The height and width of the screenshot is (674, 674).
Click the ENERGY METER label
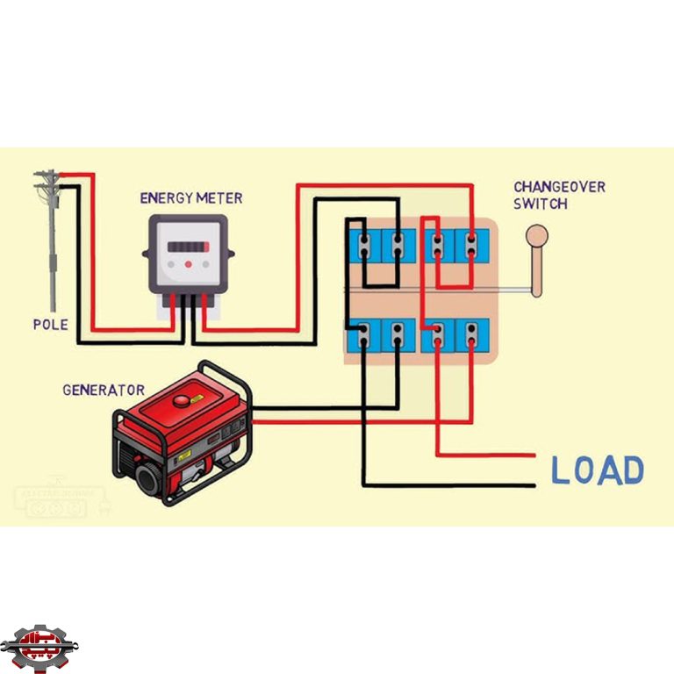point(191,198)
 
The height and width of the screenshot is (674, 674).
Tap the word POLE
point(50,324)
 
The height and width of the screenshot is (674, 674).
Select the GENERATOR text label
point(104,389)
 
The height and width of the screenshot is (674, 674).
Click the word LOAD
point(597,471)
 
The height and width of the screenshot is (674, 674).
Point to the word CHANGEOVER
point(559,187)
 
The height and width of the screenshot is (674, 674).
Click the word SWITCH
point(540,204)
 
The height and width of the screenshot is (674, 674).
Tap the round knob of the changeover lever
point(536,235)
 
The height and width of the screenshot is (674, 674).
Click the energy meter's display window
point(188,247)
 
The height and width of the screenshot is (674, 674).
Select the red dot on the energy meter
point(188,263)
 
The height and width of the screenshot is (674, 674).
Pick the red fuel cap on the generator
point(182,400)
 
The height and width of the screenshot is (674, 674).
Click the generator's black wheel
point(153,481)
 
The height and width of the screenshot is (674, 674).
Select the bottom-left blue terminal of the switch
point(362,335)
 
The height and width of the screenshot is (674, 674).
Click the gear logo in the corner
point(39,646)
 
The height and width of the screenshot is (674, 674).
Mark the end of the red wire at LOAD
point(532,455)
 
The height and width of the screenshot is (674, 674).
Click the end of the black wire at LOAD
point(532,484)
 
